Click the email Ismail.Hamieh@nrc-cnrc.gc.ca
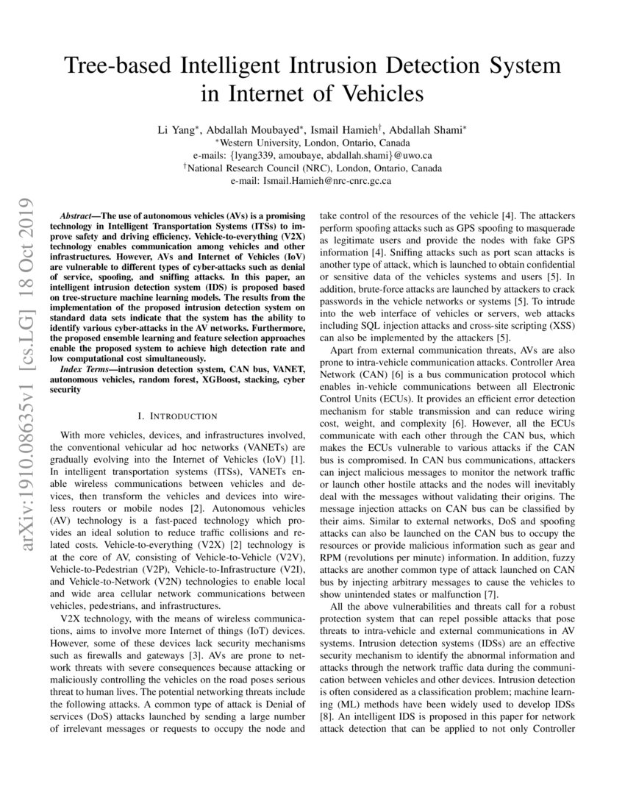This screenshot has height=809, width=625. [x=328, y=180]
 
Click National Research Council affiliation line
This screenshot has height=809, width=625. [x=312, y=168]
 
